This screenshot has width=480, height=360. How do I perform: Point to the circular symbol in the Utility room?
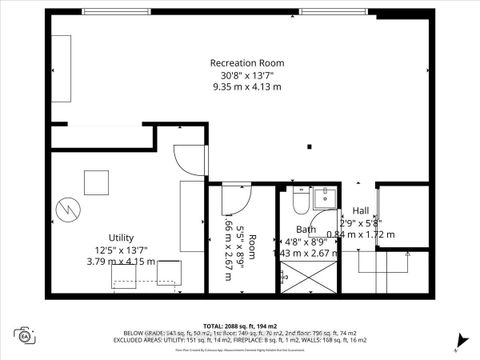coord(66,211)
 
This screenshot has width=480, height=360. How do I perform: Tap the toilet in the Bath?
coord(300,203)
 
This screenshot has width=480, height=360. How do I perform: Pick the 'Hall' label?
coord(360,211)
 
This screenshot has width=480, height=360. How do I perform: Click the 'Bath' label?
coord(305,229)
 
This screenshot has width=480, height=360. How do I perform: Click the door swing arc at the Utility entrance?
coord(182,158)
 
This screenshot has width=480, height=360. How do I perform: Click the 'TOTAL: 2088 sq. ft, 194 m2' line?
coord(240,326)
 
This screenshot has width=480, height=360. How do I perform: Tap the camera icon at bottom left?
coord(23,335)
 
